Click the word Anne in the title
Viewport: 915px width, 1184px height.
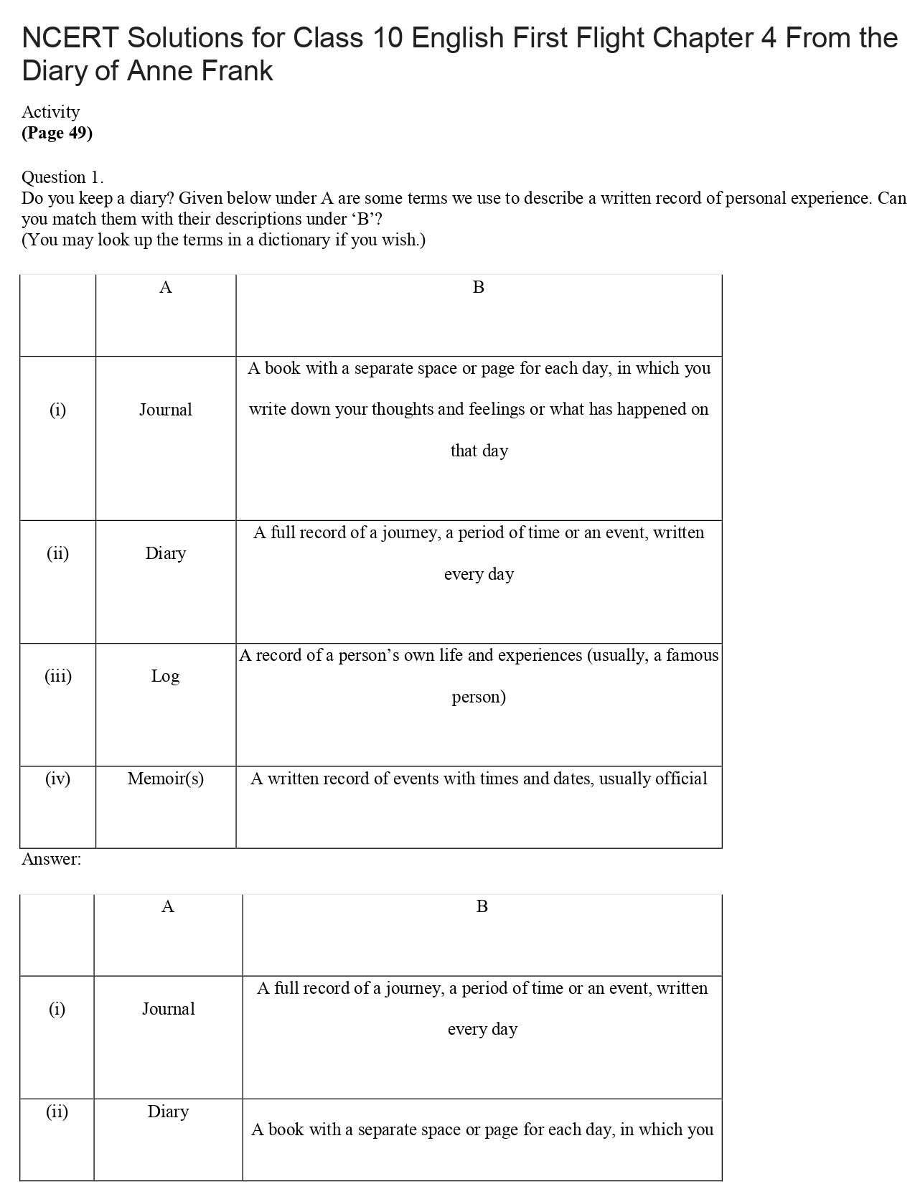click(x=161, y=71)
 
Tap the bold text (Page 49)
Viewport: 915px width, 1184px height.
click(x=57, y=133)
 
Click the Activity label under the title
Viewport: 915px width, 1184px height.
click(x=50, y=112)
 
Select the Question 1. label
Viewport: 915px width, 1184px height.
click(x=62, y=177)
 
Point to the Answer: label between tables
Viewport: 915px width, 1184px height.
click(x=51, y=859)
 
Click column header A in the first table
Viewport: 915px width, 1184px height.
click(x=166, y=288)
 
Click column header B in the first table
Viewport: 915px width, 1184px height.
click(x=479, y=288)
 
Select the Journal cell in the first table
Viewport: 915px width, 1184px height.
click(x=166, y=410)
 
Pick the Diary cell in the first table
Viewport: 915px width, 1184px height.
click(x=166, y=553)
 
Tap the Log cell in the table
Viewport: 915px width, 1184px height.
click(x=165, y=676)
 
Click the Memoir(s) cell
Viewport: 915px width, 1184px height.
click(x=166, y=779)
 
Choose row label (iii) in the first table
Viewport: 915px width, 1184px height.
click(x=58, y=676)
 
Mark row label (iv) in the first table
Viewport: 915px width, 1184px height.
click(x=58, y=779)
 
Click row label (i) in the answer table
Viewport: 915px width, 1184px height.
click(x=57, y=1009)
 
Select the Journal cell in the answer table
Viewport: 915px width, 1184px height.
click(x=169, y=1009)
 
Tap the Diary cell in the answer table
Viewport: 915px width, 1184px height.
click(x=169, y=1112)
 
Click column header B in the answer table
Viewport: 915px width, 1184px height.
click(x=482, y=907)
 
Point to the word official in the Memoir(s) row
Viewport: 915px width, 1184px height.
click(x=681, y=779)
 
